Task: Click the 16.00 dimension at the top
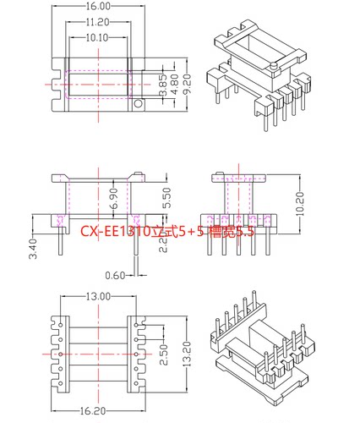[x=97, y=6]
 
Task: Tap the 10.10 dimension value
[x=98, y=37]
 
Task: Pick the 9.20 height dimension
[x=187, y=85]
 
